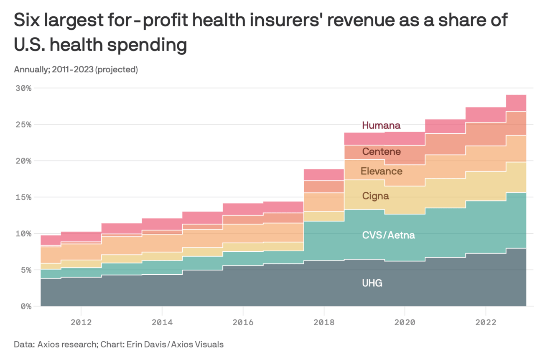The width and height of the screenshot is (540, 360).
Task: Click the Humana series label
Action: coord(381,125)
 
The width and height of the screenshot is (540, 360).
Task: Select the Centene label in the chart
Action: coord(381,151)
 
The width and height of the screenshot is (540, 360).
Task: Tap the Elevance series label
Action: coord(381,171)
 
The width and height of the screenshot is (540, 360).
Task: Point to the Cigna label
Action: coord(375,196)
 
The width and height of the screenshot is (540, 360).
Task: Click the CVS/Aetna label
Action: coord(388,235)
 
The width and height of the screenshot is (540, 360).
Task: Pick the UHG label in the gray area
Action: coord(372,283)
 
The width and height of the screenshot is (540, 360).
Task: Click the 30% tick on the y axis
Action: coord(23,88)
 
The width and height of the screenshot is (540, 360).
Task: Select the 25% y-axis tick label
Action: coord(23,125)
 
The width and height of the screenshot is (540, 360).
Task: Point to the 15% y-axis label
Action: coord(23,197)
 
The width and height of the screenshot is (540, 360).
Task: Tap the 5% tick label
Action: coord(25,270)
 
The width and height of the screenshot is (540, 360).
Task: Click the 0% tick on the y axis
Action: coord(25,306)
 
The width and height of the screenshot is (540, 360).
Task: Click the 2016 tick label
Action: coord(242,322)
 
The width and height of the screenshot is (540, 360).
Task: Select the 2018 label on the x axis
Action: coord(323,322)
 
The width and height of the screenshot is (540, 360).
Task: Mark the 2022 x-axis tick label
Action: coord(485,322)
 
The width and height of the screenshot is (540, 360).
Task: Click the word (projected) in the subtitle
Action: coord(117,69)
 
